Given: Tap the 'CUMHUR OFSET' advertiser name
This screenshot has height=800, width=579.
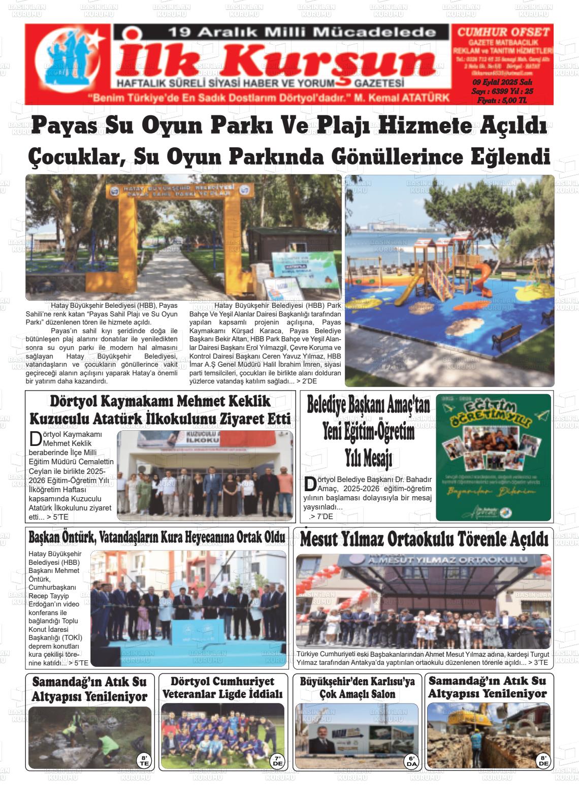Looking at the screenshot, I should (503, 32).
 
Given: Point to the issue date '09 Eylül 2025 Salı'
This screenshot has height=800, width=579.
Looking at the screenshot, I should (502, 83).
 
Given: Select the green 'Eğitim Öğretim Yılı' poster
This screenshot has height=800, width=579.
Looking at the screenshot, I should (493, 457).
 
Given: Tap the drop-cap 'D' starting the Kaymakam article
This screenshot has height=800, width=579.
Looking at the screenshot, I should (35, 438).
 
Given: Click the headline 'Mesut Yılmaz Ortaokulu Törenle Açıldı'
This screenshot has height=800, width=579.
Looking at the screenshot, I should (424, 539).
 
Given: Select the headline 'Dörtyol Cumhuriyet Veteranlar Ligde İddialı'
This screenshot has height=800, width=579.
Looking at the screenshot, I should (222, 687).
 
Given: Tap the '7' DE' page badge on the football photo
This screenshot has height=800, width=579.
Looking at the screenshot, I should (278, 760).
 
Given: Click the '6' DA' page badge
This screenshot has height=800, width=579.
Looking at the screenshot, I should (411, 760).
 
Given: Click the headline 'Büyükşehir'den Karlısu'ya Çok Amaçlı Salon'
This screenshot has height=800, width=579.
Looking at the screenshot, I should (357, 687).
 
